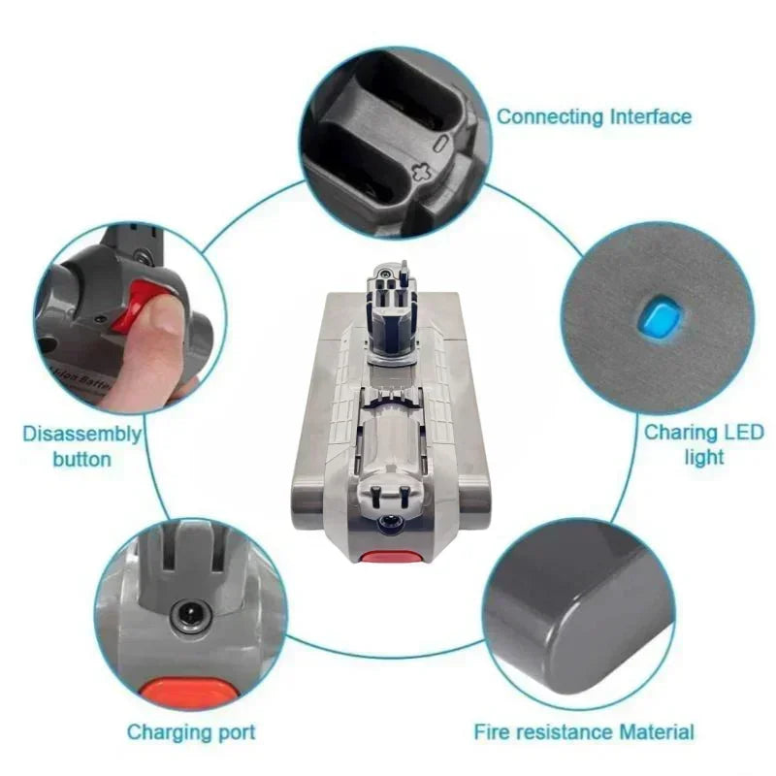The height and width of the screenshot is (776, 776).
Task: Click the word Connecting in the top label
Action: click(550, 117)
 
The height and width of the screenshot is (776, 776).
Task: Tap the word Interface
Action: click(651, 116)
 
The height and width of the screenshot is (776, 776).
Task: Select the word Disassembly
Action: click(82, 435)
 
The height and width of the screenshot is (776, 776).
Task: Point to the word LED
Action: click(744, 432)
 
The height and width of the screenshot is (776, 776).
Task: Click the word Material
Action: click(657, 732)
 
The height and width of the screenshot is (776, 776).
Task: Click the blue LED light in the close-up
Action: click(659, 317)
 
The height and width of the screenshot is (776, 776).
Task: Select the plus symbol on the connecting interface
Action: click(422, 173)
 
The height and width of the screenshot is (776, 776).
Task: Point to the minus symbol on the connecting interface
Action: click(441, 142)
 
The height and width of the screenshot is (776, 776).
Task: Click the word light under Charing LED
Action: click(704, 458)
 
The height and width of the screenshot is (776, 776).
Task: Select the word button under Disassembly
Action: click(82, 459)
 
